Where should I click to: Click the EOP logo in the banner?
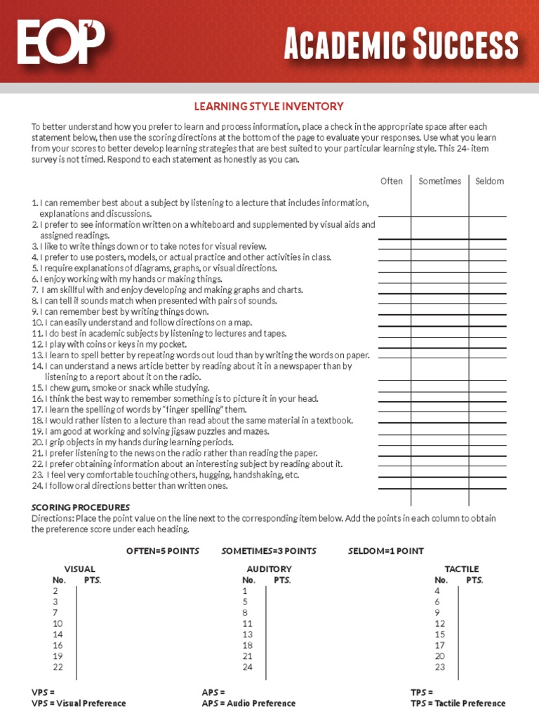click(61, 42)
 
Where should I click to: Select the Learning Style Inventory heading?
click(269, 107)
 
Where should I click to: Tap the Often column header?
click(392, 181)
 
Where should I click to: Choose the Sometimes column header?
click(440, 181)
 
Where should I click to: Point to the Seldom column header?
click(489, 181)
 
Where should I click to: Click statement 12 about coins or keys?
click(109, 344)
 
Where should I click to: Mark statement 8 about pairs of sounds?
click(154, 301)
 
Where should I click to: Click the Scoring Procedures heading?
click(80, 507)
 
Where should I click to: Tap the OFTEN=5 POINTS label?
click(163, 550)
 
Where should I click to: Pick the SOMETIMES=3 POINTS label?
click(269, 550)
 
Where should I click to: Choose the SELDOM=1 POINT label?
click(385, 550)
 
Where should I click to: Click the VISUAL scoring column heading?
click(79, 569)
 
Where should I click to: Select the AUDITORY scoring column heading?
click(269, 569)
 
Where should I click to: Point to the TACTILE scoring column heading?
click(461, 569)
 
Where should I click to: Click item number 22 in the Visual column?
click(58, 667)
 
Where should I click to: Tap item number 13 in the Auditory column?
click(247, 634)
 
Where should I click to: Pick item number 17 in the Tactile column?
click(439, 645)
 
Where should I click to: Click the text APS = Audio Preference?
click(248, 703)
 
